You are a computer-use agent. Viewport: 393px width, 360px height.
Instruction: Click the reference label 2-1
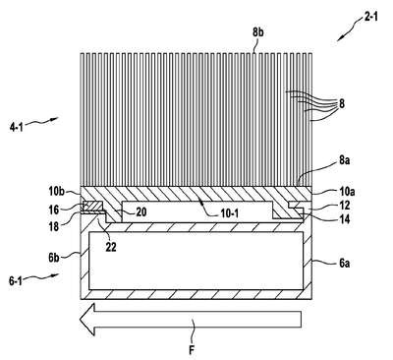(370, 16)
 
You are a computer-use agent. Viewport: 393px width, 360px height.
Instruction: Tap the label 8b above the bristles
(258, 33)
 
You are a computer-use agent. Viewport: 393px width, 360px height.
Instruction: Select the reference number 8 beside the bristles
(342, 104)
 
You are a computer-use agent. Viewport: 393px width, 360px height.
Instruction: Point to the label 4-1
(16, 126)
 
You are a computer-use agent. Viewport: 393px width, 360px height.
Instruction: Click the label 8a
(344, 161)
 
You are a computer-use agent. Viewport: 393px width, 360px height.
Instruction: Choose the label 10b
(57, 191)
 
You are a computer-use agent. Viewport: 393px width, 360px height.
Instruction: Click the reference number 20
(140, 212)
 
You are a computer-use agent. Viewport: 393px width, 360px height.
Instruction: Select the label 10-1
(229, 213)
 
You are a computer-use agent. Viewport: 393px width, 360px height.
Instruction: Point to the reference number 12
(344, 206)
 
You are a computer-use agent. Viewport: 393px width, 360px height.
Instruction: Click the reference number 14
(344, 219)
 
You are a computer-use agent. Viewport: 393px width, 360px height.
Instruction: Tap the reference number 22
(111, 247)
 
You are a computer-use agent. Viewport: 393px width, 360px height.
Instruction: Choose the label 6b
(54, 258)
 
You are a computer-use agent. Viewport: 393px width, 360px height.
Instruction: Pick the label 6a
(344, 263)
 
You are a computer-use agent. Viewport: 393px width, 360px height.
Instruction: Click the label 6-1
(16, 281)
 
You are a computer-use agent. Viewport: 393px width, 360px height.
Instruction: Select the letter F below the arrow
(192, 350)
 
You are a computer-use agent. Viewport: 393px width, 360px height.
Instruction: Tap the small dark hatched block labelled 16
(93, 207)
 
